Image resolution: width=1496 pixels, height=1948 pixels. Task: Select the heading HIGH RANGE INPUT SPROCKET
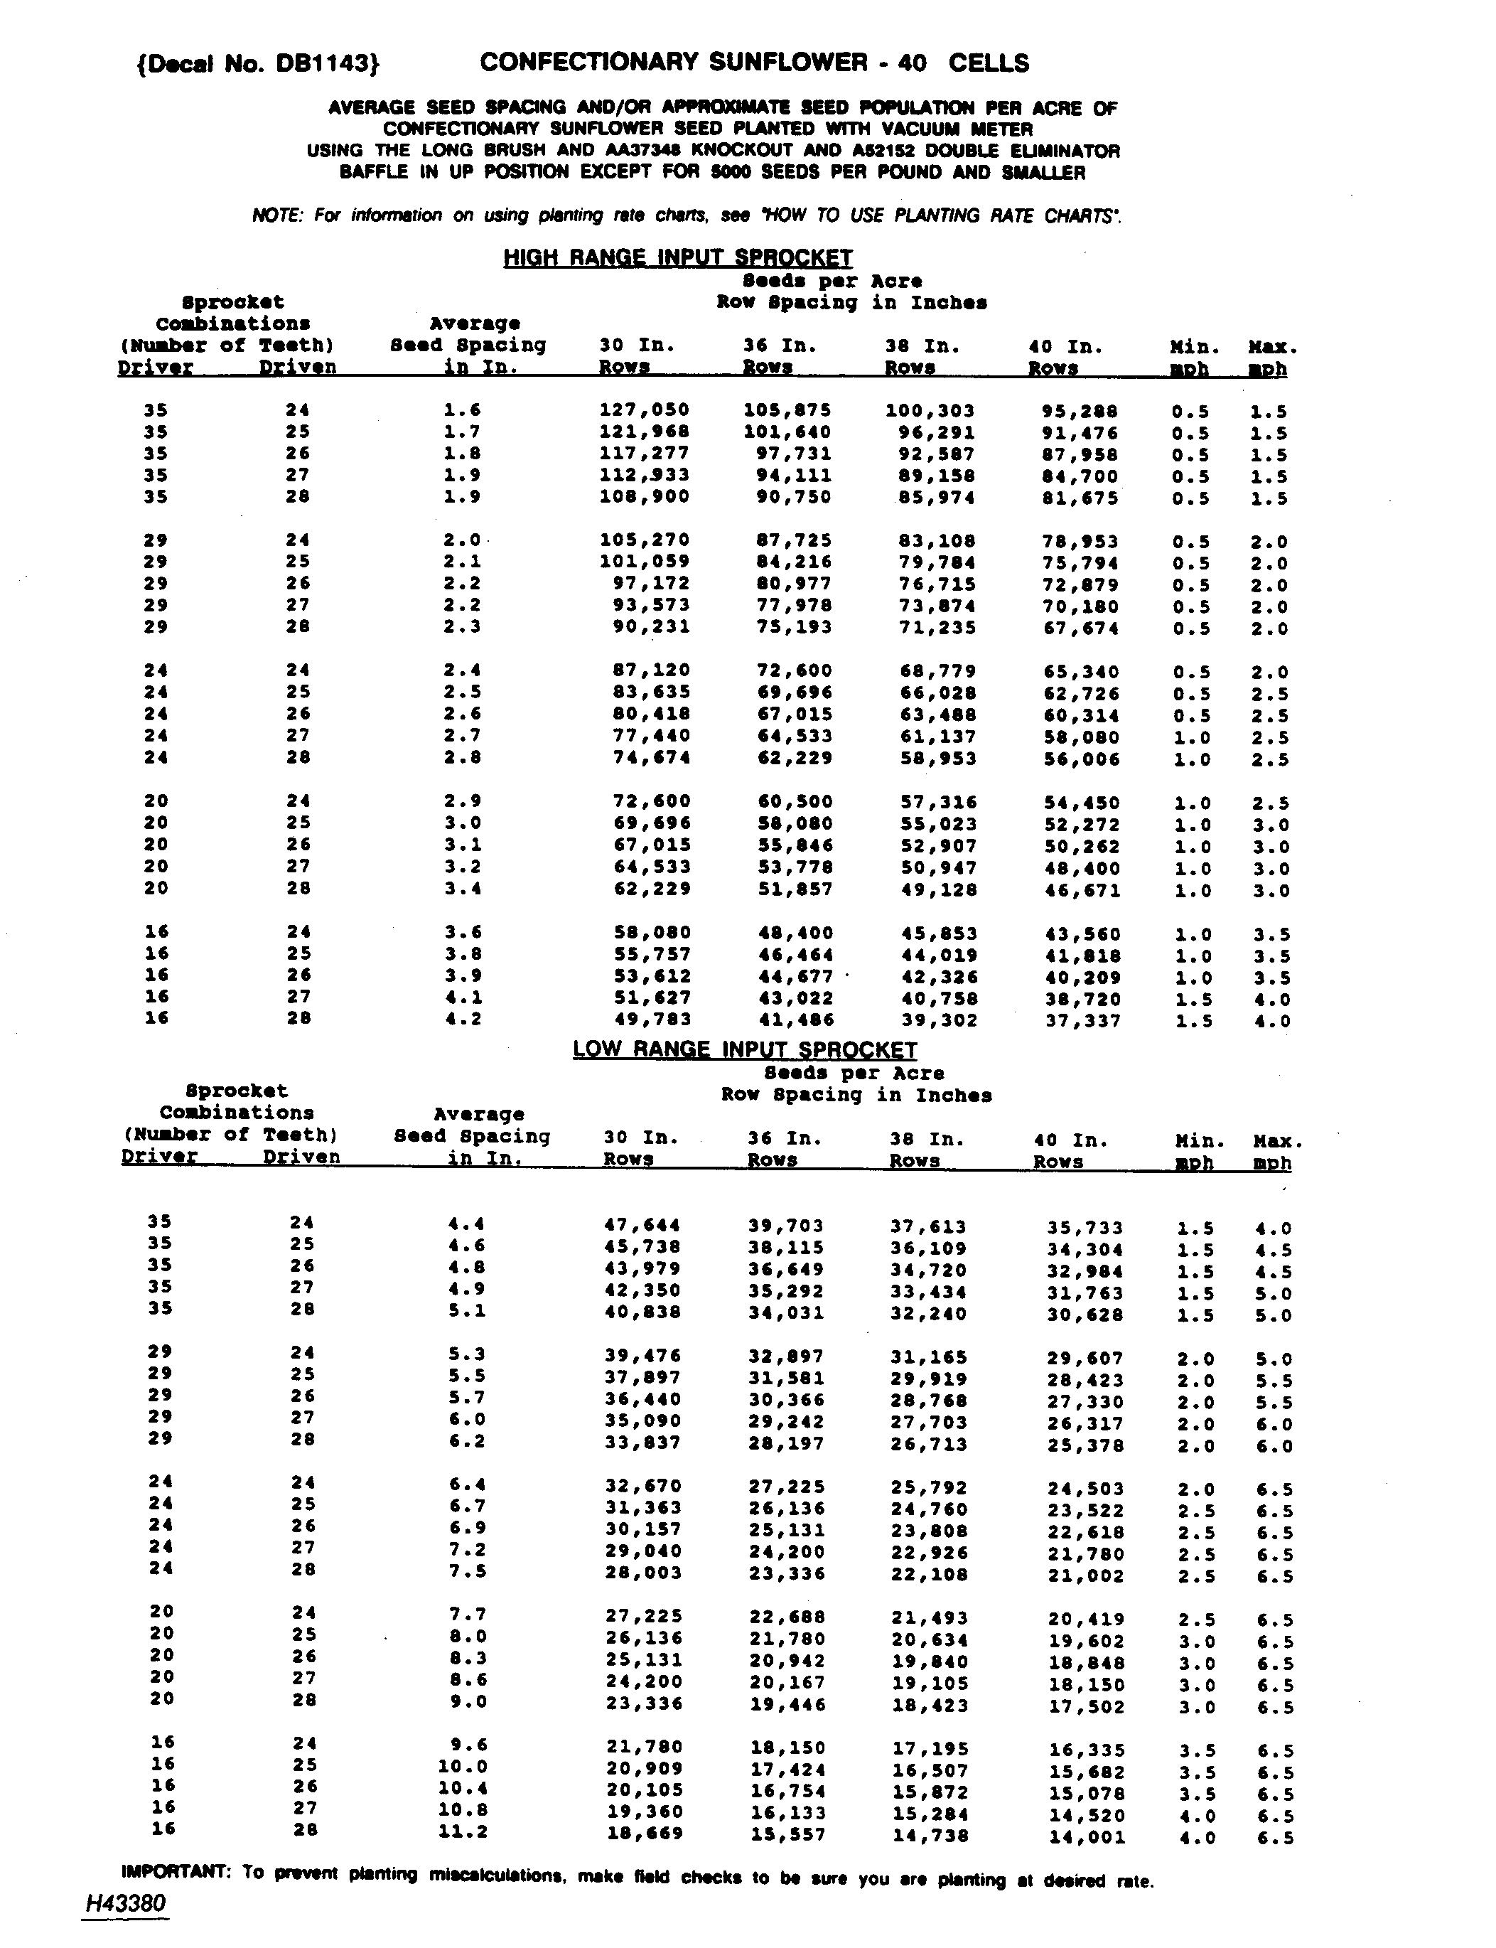click(x=678, y=257)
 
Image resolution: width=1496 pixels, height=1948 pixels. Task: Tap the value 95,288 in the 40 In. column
click(x=1080, y=412)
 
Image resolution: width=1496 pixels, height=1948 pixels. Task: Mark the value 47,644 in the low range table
click(x=642, y=1226)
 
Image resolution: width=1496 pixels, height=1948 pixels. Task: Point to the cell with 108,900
click(x=645, y=496)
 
